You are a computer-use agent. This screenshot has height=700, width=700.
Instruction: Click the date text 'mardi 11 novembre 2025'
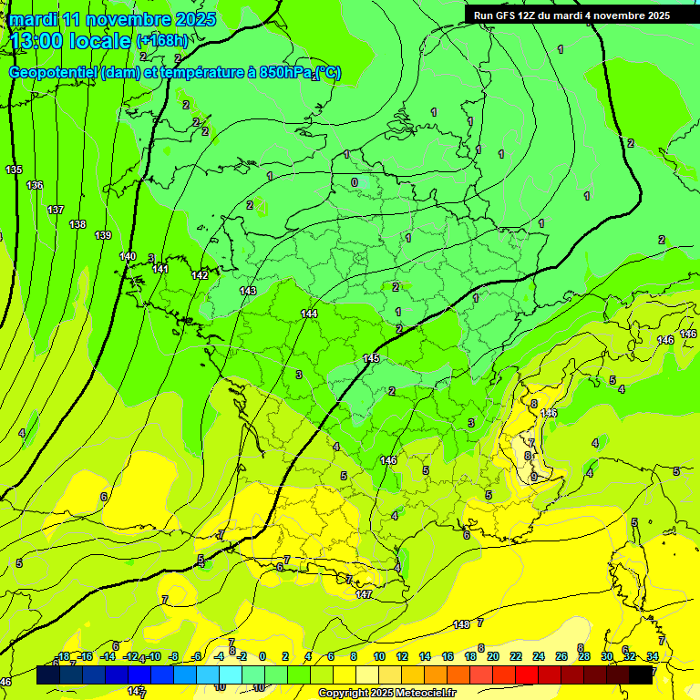click(x=113, y=19)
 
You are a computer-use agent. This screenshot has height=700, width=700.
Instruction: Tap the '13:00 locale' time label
click(x=72, y=41)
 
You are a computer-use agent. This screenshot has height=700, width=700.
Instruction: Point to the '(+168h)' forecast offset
click(x=161, y=40)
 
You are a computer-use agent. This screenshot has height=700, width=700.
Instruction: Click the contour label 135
click(x=14, y=170)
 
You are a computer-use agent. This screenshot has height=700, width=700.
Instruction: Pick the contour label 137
click(x=56, y=210)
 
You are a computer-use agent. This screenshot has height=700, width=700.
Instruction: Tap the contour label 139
click(x=103, y=236)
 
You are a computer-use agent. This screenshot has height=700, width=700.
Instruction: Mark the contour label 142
click(x=200, y=275)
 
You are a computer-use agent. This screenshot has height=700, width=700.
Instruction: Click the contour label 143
click(x=248, y=291)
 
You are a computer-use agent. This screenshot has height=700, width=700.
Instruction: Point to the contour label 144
click(x=309, y=314)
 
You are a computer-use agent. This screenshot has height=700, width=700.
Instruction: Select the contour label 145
click(x=371, y=359)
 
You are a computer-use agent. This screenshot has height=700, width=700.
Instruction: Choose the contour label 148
click(x=461, y=624)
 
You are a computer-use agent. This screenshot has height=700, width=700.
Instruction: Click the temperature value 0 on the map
click(x=355, y=182)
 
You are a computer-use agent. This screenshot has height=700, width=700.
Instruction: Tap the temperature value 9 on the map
click(x=533, y=477)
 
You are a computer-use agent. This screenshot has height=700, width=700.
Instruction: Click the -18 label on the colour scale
click(x=63, y=656)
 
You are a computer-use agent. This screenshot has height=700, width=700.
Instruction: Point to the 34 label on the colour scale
click(x=653, y=656)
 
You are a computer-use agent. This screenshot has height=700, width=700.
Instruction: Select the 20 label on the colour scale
click(x=493, y=656)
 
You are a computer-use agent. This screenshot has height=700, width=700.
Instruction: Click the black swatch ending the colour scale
click(x=641, y=674)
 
